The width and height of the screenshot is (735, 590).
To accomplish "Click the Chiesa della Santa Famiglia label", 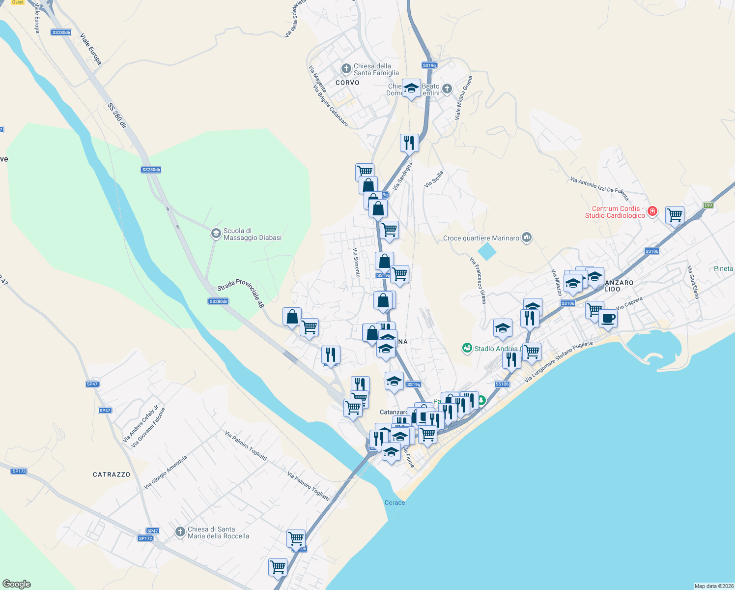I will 376,69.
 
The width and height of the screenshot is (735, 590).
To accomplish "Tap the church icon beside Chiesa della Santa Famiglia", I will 346,68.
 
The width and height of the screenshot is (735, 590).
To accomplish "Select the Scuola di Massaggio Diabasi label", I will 253,234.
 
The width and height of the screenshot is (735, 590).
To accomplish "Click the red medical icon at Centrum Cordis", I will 652,211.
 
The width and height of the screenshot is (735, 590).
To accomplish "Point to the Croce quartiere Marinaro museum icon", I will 527,238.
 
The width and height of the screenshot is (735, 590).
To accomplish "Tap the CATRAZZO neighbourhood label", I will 112,474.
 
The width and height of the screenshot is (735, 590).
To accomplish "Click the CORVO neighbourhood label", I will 347,83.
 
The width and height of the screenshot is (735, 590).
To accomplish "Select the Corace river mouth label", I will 395,502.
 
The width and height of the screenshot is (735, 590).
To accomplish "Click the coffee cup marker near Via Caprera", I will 608,318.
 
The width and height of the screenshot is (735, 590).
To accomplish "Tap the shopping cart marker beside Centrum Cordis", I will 675,215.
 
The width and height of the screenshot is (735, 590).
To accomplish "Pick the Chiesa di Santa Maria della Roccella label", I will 218,532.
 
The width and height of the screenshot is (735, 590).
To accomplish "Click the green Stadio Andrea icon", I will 467,348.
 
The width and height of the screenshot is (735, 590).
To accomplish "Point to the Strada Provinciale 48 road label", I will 241,293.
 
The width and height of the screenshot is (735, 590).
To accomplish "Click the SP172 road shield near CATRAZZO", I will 19,471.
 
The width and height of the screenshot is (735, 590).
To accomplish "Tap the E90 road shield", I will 707,205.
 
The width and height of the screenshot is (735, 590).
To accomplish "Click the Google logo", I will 17,584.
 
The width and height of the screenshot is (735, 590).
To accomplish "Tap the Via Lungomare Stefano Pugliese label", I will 559,361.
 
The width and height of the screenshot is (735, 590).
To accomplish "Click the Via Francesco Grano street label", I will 478,280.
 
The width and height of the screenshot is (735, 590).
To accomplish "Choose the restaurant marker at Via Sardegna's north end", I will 409,143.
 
